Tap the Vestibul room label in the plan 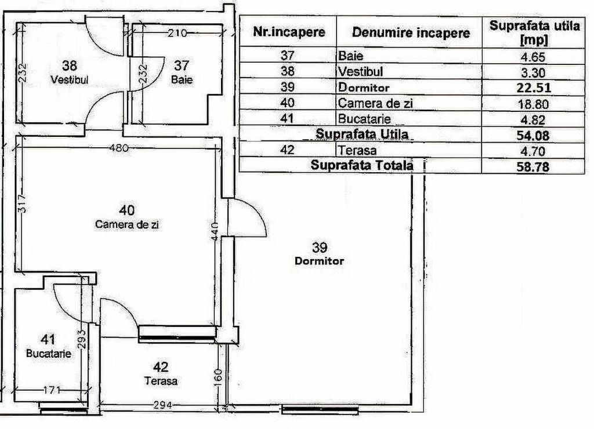tap(69, 80)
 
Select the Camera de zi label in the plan tap(127, 225)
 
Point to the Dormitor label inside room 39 tap(319, 261)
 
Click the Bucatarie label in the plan tap(49, 353)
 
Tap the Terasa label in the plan tap(161, 381)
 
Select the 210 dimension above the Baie tap(176, 33)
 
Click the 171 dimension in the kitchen tap(52, 390)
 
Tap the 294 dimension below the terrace tap(162, 405)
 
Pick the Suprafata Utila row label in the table tap(362, 134)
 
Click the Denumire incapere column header tap(410, 33)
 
